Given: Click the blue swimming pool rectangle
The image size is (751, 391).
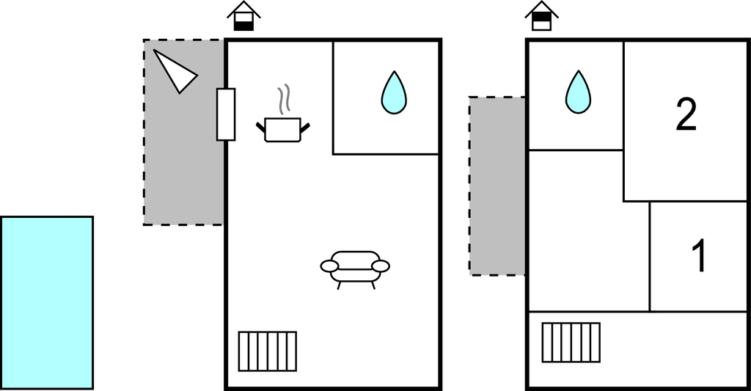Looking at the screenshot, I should coord(47,302).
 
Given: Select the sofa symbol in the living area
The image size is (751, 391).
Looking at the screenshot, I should coord(355,268).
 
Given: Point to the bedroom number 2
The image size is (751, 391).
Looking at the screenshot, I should coord(685,115).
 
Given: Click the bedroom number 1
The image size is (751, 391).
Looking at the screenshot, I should coord(700,256).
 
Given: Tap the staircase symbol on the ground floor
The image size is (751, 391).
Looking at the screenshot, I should coord(268,351).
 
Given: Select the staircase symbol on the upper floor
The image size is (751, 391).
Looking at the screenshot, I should coord(571,343).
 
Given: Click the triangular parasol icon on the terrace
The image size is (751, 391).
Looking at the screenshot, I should coord(175,70).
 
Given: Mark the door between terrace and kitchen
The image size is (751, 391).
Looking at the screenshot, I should coord(226,114).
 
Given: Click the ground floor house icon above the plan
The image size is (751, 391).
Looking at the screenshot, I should coord(243,16).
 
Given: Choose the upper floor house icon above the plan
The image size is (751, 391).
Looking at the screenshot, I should coord(541,16).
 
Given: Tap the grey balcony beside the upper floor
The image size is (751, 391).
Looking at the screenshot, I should coord(497,186).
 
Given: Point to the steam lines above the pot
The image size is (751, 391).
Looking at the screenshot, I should coord(284,99).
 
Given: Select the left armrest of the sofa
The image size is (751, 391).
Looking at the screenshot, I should coord(329,266).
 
